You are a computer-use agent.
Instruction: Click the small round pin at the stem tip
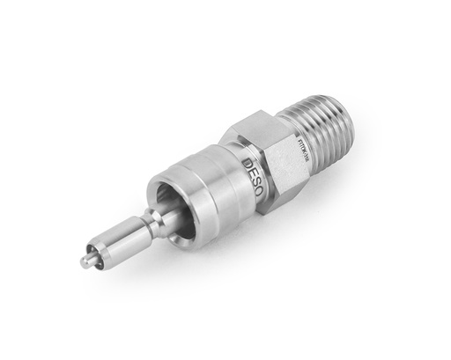85,261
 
